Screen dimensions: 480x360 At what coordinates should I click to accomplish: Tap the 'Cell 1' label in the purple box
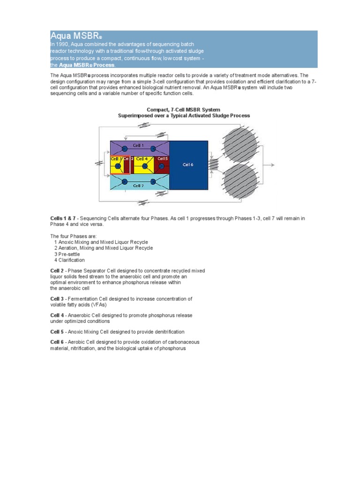tap(138, 145)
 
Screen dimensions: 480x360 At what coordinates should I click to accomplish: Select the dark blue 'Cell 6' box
tap(188, 165)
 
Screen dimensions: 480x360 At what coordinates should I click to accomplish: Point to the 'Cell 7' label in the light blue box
tap(138, 186)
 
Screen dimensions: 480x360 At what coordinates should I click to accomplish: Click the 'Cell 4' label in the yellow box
tap(142, 159)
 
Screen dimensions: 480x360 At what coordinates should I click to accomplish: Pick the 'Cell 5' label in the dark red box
tap(163, 158)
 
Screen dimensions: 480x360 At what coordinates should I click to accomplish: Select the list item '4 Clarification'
tap(69, 260)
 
